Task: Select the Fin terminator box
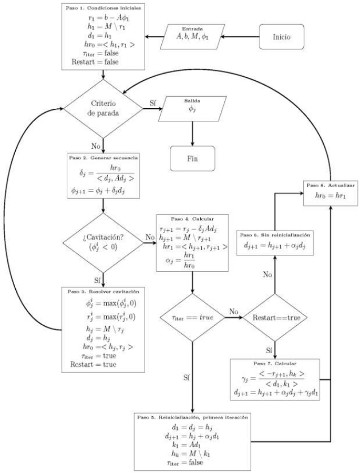tap(192, 158)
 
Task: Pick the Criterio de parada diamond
tap(103, 109)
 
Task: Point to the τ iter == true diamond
tap(192, 318)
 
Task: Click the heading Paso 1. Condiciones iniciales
tap(104, 8)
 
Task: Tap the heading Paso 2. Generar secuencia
tap(103, 158)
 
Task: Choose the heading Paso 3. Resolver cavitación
tap(103, 291)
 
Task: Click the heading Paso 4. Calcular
tap(192, 218)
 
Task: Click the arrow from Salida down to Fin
tap(192, 133)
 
